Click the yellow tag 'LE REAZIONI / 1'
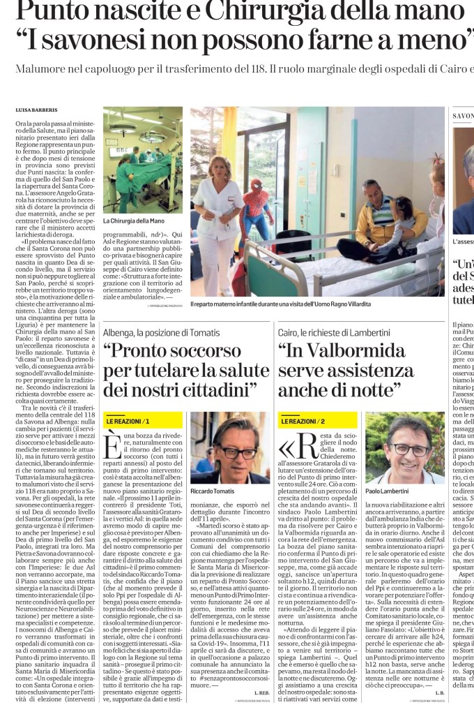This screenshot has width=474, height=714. (x=128, y=422)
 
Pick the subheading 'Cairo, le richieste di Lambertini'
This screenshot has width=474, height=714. (x=334, y=332)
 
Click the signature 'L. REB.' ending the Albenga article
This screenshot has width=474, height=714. (x=261, y=692)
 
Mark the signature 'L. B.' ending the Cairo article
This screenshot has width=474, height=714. (x=438, y=692)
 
